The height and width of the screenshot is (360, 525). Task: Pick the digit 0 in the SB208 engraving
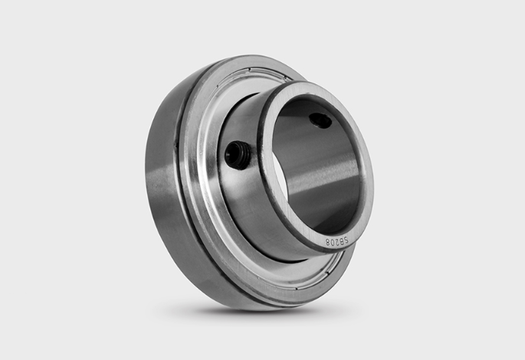pyautogui.click(x=331, y=242)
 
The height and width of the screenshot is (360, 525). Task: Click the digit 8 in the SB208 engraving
pyautogui.click(x=326, y=243)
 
